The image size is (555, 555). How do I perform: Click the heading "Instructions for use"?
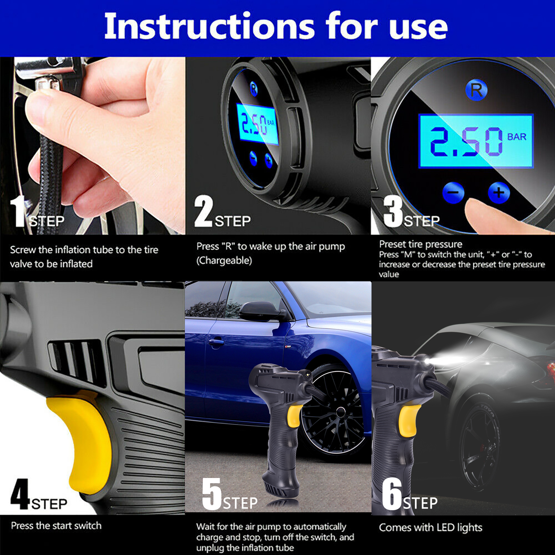[276, 26]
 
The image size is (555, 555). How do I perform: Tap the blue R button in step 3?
[476, 90]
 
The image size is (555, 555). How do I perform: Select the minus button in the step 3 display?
[453, 193]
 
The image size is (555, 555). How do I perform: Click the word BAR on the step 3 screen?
[517, 137]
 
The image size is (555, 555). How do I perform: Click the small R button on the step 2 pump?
[254, 88]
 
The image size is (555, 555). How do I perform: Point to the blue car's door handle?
[216, 342]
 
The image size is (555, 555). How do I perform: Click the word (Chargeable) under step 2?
[224, 261]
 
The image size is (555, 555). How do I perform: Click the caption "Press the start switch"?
[56, 526]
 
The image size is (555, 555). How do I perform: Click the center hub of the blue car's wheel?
[341, 412]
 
